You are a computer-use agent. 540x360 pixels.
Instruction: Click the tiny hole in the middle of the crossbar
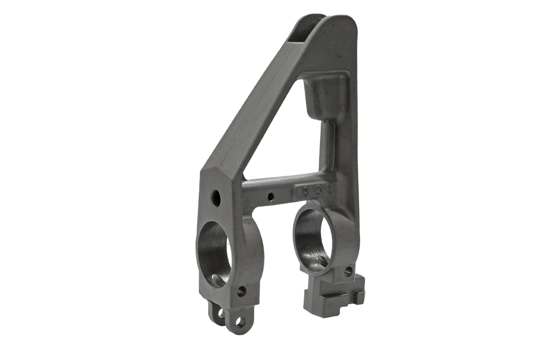click(271, 197)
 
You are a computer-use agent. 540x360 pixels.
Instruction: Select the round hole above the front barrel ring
click(216, 198)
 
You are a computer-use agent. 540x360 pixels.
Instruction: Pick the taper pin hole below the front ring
click(241, 290)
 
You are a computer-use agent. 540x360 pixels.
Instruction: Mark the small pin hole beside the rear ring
click(348, 271)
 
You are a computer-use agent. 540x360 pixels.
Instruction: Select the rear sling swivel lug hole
click(220, 314)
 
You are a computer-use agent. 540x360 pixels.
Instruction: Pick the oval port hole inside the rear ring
click(321, 262)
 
